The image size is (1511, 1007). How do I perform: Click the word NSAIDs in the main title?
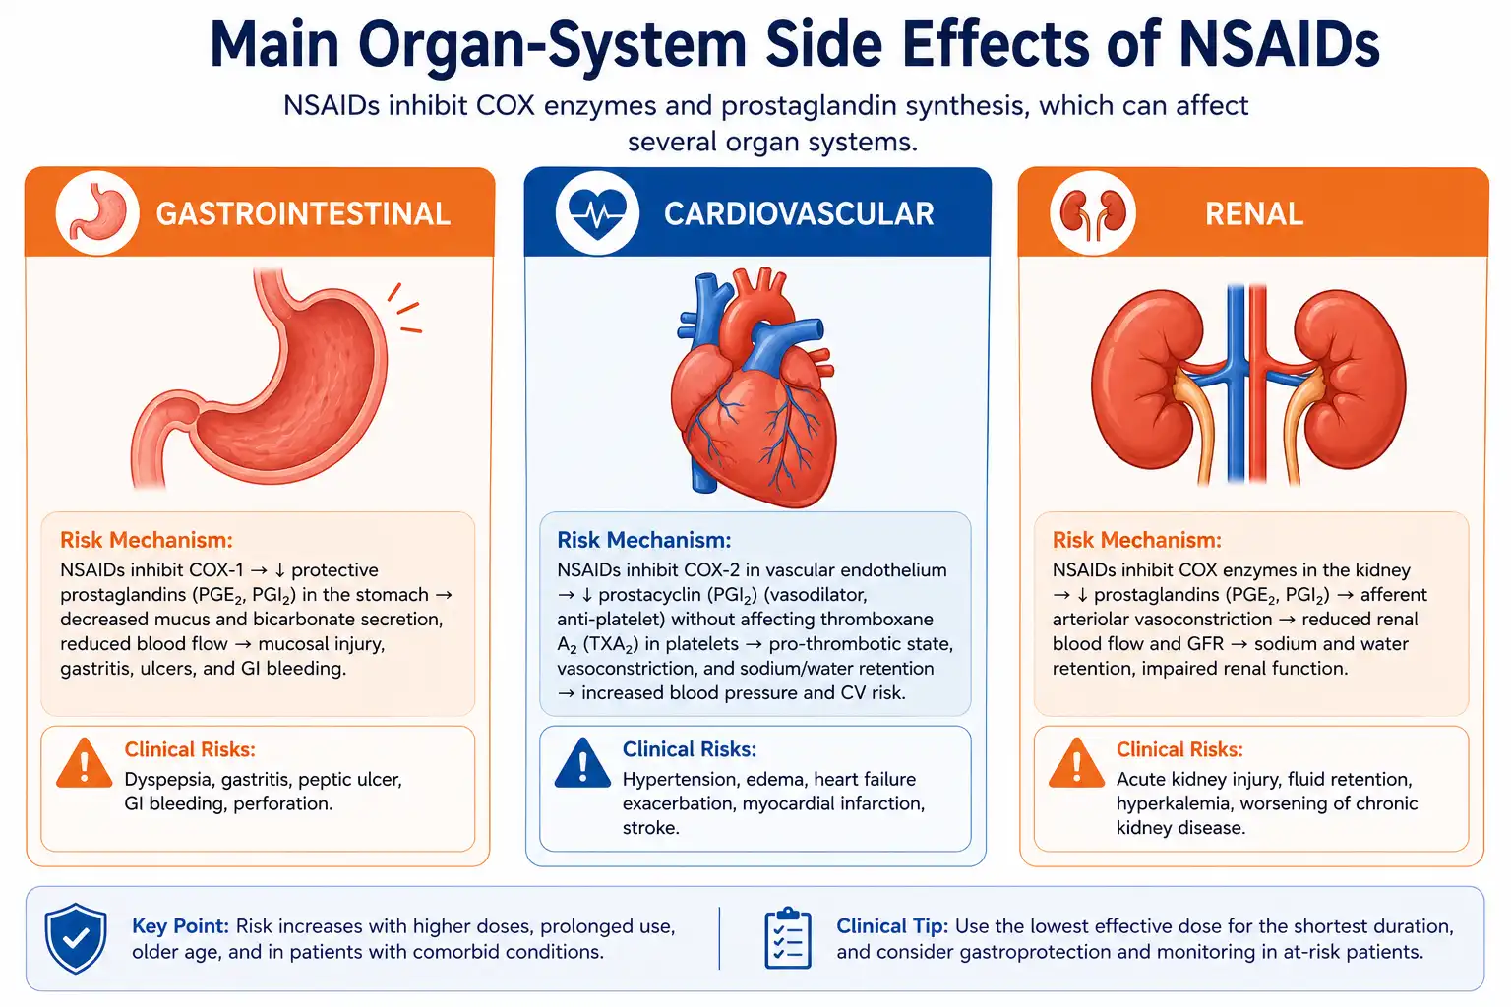pyautogui.click(x=1279, y=44)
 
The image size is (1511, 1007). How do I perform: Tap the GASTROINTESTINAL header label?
pyautogui.click(x=303, y=213)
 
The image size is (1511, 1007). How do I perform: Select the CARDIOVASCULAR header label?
pyautogui.click(x=799, y=213)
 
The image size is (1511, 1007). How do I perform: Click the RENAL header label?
pyautogui.click(x=1254, y=213)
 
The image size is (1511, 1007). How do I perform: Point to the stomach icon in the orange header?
pyautogui.click(x=98, y=213)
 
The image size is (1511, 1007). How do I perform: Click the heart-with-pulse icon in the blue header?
pyautogui.click(x=597, y=213)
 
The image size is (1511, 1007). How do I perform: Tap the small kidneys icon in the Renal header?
pyautogui.click(x=1093, y=214)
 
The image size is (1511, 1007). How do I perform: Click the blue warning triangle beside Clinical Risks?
pyautogui.click(x=582, y=763)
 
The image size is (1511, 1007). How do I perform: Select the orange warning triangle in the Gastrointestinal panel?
pyautogui.click(x=85, y=763)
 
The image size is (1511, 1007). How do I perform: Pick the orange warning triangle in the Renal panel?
pyautogui.click(x=1076, y=763)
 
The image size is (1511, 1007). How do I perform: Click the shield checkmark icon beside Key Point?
pyautogui.click(x=76, y=938)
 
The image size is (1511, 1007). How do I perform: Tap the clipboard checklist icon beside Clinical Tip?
pyautogui.click(x=788, y=938)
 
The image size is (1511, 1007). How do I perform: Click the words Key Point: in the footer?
pyautogui.click(x=181, y=926)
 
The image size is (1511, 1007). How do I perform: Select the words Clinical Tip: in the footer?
pyautogui.click(x=892, y=926)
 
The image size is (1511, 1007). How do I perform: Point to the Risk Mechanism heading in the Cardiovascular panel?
pyautogui.click(x=643, y=540)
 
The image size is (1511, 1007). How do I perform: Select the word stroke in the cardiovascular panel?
pyautogui.click(x=650, y=828)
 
